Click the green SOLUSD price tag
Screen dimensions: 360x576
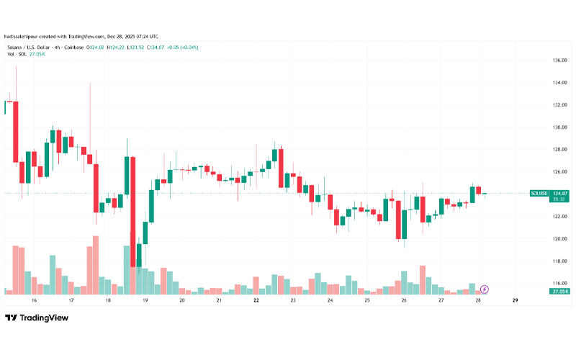click(x=539, y=194)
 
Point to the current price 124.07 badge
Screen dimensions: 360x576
click(x=560, y=194)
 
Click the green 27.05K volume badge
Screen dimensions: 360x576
click(x=559, y=291)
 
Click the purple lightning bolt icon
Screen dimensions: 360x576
click(x=485, y=289)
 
